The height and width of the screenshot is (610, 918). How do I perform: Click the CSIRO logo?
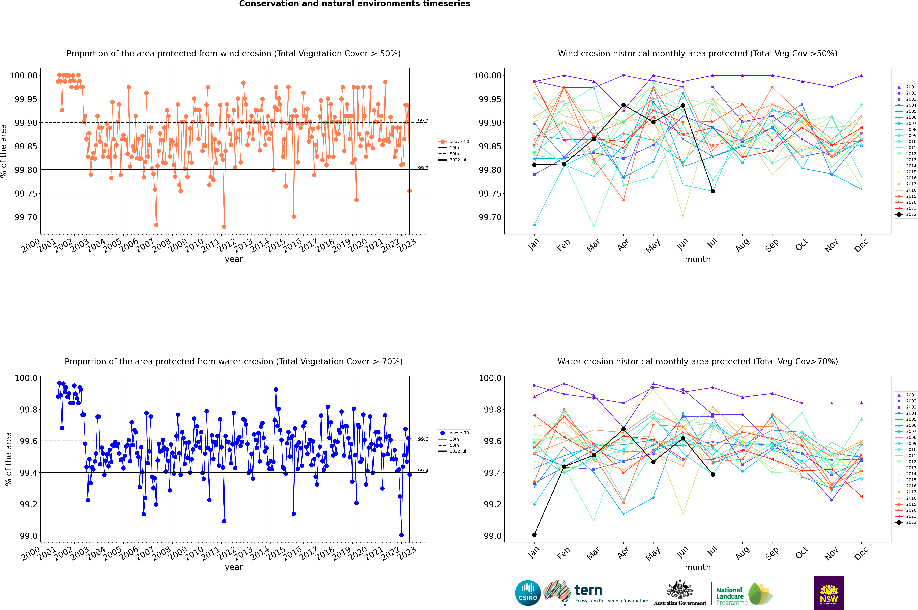coord(528,593)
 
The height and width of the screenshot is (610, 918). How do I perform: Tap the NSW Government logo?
coord(829,593)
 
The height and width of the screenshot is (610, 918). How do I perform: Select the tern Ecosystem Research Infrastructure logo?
coord(595,593)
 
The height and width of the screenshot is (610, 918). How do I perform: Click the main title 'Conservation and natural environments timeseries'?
coord(355,4)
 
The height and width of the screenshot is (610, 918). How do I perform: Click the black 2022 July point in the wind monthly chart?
coord(712,191)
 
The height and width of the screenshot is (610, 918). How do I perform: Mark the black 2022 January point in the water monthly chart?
coord(534,534)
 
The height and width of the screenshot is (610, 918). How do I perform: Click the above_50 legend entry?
coord(454,142)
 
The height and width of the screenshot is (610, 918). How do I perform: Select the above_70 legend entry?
coord(454,433)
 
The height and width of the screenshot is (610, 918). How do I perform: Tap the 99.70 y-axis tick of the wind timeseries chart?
coord(26,217)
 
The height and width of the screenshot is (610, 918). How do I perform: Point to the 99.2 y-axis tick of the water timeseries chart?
coord(29,504)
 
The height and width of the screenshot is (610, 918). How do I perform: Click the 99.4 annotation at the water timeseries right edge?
coord(423,471)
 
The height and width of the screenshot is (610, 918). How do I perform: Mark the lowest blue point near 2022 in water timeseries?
coord(401,534)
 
